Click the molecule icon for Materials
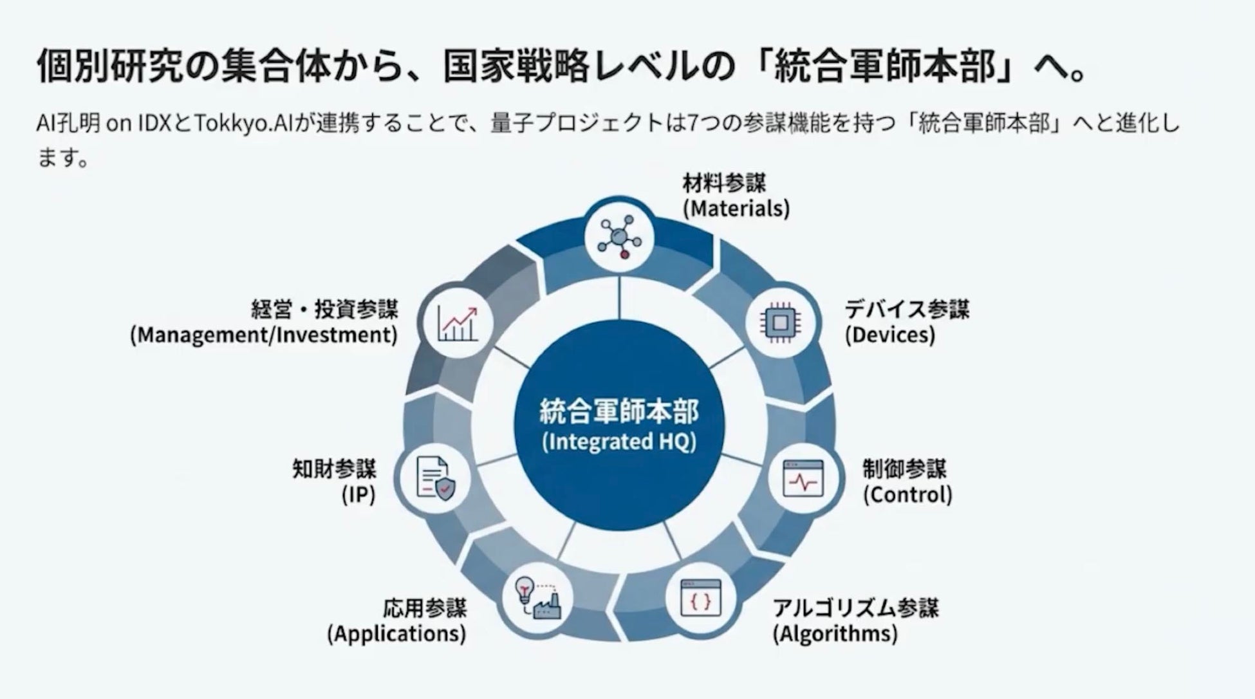click(x=619, y=237)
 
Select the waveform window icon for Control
click(x=803, y=479)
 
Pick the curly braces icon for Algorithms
click(x=701, y=599)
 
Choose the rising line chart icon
click(x=458, y=322)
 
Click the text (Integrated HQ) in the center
click(x=619, y=443)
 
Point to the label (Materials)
click(x=736, y=209)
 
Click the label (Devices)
click(x=889, y=335)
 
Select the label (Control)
click(x=907, y=494)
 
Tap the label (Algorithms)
click(x=835, y=634)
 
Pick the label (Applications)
click(x=396, y=634)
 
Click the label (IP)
click(x=358, y=494)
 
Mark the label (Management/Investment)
click(x=264, y=335)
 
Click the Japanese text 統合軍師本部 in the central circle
click(x=619, y=412)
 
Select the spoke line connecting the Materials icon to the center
click(x=619, y=297)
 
